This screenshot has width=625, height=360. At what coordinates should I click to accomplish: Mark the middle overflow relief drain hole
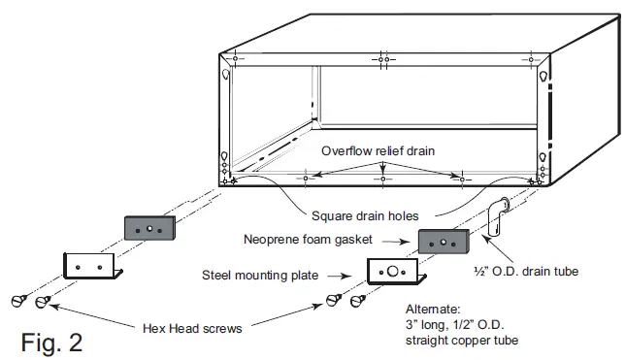(384, 180)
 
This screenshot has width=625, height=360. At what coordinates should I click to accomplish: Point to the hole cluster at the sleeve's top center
(384, 60)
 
